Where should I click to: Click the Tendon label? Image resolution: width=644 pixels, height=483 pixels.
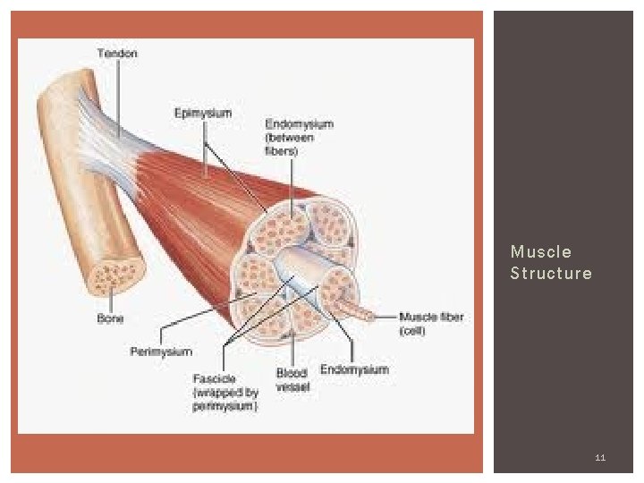point(117,54)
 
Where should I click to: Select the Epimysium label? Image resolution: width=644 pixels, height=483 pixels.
point(203,113)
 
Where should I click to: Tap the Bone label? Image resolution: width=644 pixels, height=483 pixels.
point(110,318)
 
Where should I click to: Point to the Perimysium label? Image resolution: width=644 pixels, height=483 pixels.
point(161,352)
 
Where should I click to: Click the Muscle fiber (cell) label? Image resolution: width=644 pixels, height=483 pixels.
point(430,324)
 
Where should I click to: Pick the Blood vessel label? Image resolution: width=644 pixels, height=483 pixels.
point(292,379)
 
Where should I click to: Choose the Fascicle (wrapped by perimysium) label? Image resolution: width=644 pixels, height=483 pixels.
point(225,393)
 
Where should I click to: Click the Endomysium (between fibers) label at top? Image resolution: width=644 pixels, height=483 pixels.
point(299,138)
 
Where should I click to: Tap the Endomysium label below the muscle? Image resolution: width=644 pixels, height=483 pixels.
point(354,369)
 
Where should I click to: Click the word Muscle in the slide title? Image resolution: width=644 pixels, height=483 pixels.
point(540,252)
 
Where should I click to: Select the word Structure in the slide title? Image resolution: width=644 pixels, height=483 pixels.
point(551,274)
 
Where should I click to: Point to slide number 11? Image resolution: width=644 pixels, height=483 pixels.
point(600,458)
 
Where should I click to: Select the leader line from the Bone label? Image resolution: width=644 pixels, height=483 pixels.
point(106,301)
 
